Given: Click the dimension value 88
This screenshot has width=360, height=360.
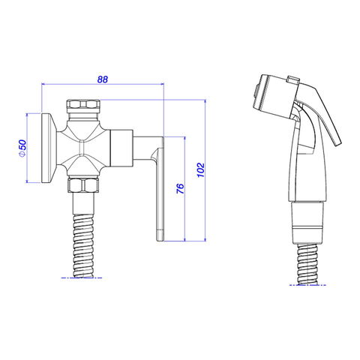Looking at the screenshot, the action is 103,79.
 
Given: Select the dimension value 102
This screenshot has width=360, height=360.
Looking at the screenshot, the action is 201,170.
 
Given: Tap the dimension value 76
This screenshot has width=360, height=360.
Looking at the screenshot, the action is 180,188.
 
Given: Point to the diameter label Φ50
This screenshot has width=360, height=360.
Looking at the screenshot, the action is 22,148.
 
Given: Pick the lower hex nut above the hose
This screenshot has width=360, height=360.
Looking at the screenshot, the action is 83,185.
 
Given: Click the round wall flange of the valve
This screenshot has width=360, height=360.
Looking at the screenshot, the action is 49,148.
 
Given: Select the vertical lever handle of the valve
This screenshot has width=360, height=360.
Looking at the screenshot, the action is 160,190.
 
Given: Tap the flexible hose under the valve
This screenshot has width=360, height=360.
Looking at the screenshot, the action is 83,246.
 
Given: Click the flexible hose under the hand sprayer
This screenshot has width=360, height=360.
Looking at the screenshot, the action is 307,265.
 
